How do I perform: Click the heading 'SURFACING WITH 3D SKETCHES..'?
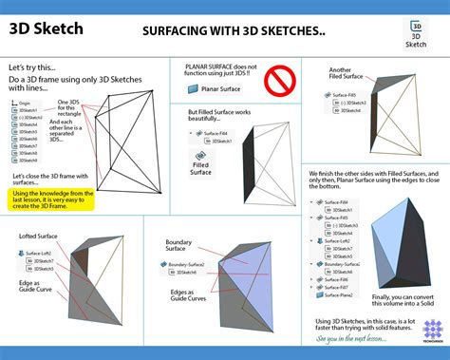pos(234,31)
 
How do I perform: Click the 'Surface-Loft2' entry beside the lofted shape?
pos(41,253)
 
